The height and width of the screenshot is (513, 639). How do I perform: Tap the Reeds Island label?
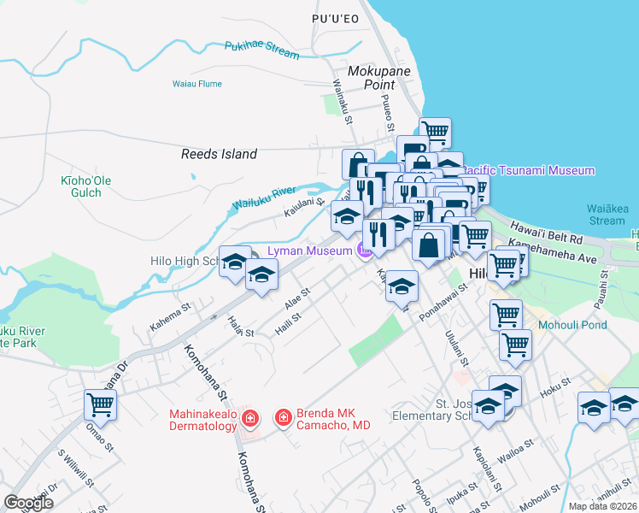pyautogui.click(x=219, y=155)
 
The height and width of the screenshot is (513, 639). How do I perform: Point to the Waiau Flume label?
pyautogui.click(x=196, y=84)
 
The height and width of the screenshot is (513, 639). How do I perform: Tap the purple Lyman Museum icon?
pyautogui.click(x=363, y=251)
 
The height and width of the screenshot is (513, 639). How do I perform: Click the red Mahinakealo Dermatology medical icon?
pyautogui.click(x=249, y=418)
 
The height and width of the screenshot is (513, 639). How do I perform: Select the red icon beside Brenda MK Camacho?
pyautogui.click(x=282, y=418)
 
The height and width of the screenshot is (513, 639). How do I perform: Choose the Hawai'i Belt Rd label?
pyautogui.click(x=547, y=231)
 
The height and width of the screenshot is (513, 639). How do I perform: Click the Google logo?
pyautogui.click(x=28, y=503)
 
